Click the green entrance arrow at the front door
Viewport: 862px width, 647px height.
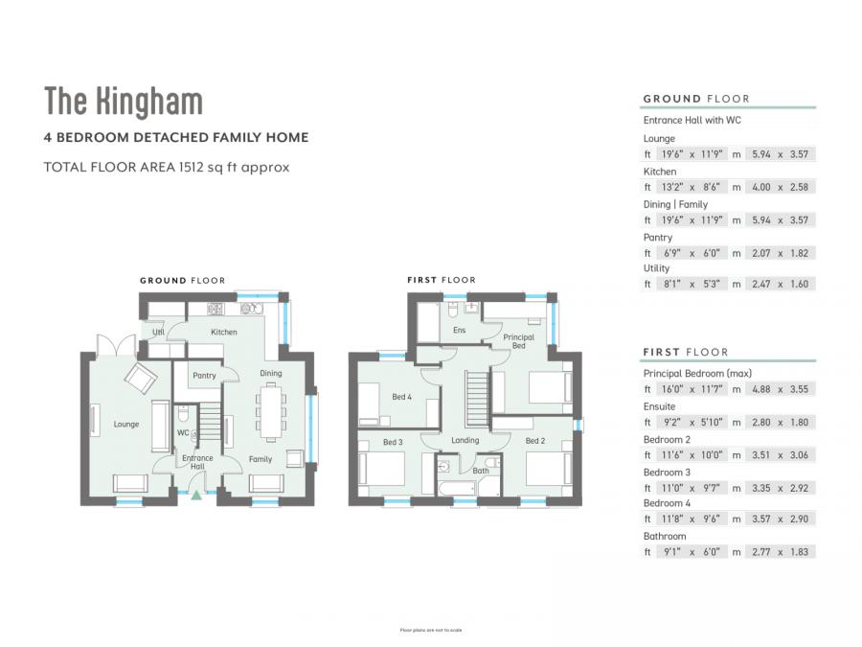[196, 496]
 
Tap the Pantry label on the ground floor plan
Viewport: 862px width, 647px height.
[204, 376]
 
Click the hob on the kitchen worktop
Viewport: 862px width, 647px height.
[216, 309]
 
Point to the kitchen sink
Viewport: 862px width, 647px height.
[251, 309]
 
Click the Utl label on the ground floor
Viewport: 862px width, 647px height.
[158, 332]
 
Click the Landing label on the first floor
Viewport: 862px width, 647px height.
[465, 440]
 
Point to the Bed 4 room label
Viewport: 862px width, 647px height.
[401, 396]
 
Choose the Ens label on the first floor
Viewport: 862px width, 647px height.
[458, 330]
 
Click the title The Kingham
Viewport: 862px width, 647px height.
[124, 101]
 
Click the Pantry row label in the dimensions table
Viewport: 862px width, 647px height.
[658, 237]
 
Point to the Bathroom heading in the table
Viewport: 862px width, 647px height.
[665, 536]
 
